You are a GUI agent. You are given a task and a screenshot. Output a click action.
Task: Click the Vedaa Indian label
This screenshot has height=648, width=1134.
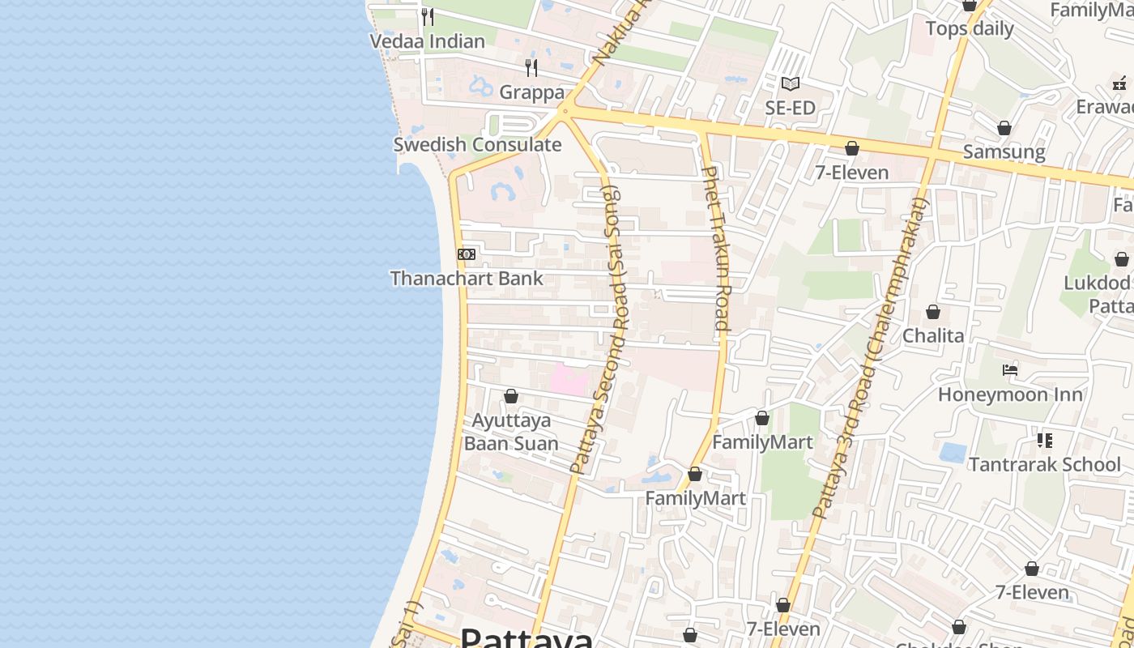(427, 41)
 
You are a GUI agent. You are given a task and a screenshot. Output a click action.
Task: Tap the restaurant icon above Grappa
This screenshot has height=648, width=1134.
(531, 67)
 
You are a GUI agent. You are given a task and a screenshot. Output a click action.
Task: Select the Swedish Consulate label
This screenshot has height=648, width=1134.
(477, 145)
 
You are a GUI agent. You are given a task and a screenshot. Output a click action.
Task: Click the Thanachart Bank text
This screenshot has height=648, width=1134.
(467, 279)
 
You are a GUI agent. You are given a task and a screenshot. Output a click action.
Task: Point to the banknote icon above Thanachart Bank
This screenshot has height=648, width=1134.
(466, 254)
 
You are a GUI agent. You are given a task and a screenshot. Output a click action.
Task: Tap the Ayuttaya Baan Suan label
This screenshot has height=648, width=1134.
(511, 432)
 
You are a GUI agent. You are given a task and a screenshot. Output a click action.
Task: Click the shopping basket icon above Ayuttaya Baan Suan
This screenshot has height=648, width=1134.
(511, 396)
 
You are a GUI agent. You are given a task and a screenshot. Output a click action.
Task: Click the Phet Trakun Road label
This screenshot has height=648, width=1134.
(717, 249)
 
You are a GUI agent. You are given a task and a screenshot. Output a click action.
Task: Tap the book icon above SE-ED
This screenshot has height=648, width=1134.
(791, 83)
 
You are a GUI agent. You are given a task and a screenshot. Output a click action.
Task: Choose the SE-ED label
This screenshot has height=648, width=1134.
(791, 108)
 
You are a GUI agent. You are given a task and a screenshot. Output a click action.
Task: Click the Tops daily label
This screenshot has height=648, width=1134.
(970, 29)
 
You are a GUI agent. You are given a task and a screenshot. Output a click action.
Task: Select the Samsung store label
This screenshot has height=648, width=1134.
(1004, 151)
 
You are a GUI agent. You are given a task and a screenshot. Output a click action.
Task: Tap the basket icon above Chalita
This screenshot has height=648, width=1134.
(933, 312)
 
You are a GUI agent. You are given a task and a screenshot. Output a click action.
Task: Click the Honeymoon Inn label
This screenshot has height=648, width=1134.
(1010, 394)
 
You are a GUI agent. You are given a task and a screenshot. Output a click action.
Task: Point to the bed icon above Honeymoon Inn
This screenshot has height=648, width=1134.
(1010, 370)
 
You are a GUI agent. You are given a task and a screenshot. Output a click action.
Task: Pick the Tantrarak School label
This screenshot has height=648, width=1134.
(1045, 465)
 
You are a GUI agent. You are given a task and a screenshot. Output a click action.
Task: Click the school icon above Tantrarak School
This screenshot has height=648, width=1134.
(1045, 441)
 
